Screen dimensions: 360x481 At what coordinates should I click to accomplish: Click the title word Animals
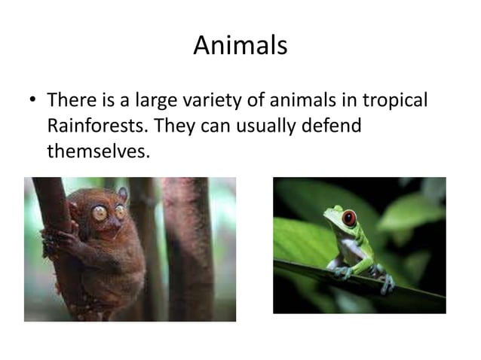tap(240, 46)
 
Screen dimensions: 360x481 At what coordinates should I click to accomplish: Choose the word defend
tap(332, 125)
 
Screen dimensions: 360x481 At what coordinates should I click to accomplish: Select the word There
tap(69, 100)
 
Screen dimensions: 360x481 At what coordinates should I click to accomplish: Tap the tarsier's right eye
tap(120, 212)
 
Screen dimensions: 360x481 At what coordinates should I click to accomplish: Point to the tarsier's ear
tap(122, 194)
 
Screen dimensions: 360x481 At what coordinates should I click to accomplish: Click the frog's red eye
tap(349, 219)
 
